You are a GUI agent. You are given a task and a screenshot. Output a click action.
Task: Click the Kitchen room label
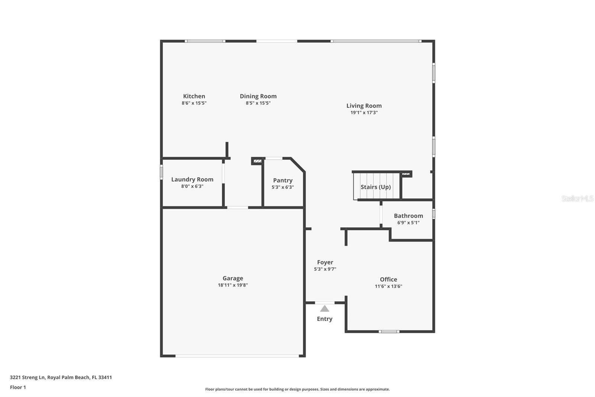pos(194,96)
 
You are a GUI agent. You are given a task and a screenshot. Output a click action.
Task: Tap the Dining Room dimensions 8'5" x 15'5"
pos(258,103)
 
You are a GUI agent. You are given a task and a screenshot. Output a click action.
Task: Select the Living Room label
pos(364,106)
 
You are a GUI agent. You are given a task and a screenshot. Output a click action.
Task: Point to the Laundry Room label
pos(192,180)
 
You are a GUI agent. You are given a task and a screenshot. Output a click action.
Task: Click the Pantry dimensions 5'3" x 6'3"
pos(283,187)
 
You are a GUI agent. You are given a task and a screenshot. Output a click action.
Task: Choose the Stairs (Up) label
pos(376,187)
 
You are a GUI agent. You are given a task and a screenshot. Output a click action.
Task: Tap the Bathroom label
pos(408,216)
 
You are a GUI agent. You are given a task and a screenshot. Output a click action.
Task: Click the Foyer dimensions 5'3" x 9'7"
pos(325,269)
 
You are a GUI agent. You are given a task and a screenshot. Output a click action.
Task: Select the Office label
pos(388,279)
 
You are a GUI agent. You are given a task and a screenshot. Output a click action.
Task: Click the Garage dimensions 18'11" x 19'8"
pos(233,285)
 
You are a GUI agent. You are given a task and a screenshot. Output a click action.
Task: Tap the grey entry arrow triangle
pos(325,309)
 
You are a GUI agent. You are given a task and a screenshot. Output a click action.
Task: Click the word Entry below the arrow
pos(325,319)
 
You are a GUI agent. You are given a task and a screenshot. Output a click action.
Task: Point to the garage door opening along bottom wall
pos(237,356)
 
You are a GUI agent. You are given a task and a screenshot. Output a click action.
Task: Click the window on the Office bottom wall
pos(389,331)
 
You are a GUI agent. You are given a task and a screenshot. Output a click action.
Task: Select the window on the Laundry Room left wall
pos(161,172)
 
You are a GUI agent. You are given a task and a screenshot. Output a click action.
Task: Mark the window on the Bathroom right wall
pos(434,214)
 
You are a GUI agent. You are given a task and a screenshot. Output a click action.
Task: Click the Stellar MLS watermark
pos(577,198)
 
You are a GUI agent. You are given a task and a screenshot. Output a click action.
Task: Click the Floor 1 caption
pos(18,387)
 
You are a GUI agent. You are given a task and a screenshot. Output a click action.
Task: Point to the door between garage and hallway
pos(238,207)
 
